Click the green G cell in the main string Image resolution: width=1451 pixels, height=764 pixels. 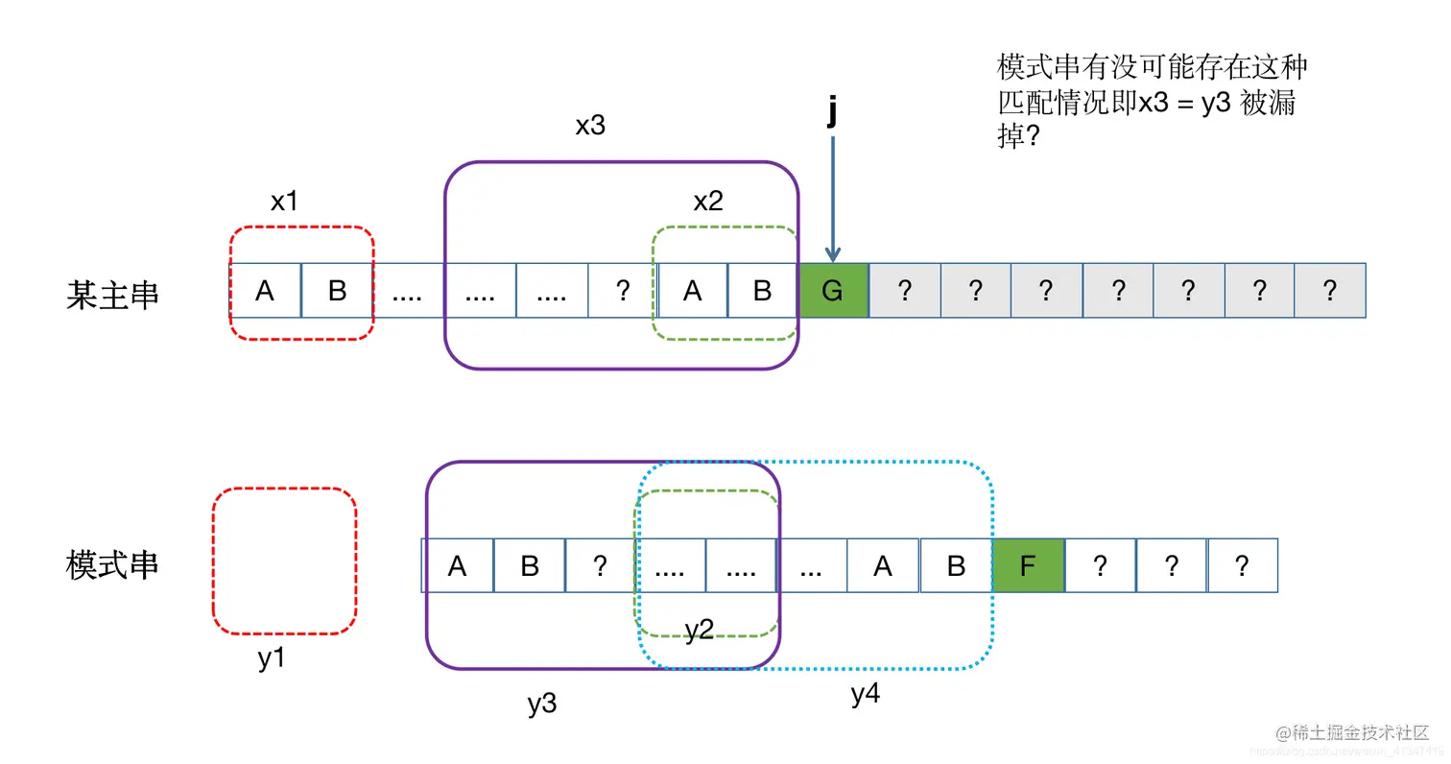tap(833, 291)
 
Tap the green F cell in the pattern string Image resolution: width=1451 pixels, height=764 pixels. tap(1028, 565)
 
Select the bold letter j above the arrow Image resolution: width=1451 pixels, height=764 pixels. tap(832, 113)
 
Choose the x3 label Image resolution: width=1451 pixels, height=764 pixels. tap(590, 126)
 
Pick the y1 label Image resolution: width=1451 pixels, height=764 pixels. tap(273, 659)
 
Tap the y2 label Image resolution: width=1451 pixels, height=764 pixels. tap(699, 630)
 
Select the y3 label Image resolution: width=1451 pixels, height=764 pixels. tap(542, 704)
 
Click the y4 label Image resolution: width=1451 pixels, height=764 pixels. tap(866, 694)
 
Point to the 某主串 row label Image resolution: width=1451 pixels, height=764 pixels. tap(112, 294)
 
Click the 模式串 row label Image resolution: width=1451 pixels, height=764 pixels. tap(112, 564)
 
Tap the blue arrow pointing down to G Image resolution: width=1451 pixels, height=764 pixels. tap(832, 197)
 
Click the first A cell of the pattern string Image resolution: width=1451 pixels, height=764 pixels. tap(457, 565)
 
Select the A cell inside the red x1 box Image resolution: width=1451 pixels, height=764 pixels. tap(265, 291)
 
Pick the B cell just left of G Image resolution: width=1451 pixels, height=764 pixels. tap(762, 291)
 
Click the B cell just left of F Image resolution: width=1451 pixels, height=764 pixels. tap(956, 565)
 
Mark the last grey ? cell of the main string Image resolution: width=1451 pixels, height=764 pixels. tap(1330, 291)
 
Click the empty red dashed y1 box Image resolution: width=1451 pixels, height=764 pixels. tap(284, 561)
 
